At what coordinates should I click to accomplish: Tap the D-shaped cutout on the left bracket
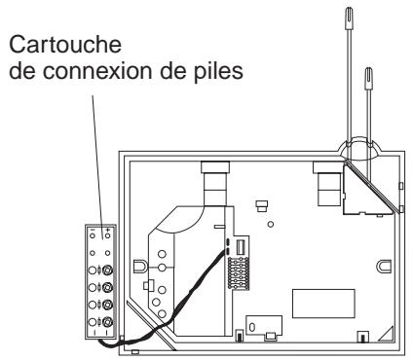click(x=142, y=265)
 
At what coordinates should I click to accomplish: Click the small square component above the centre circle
click(x=260, y=205)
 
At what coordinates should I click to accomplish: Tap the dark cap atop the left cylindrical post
click(x=215, y=166)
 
